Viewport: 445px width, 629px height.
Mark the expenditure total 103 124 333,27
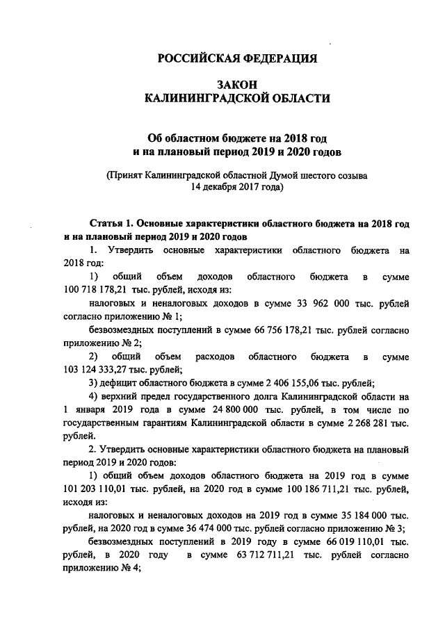point(92,370)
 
